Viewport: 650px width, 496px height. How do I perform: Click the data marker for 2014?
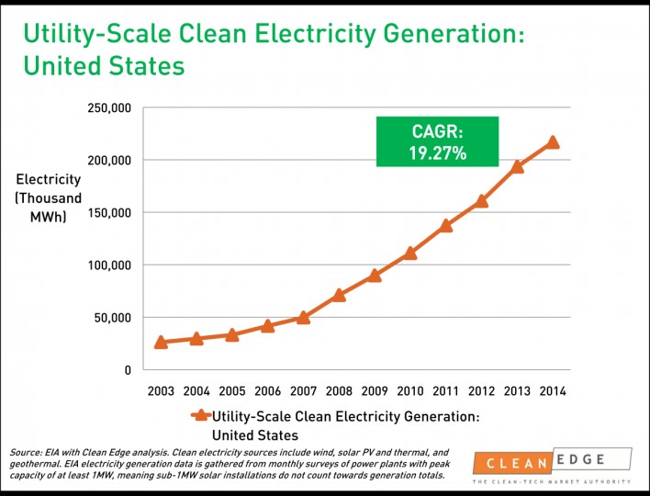point(553,142)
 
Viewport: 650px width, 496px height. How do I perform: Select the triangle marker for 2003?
point(161,342)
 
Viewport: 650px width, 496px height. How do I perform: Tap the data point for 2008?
point(339,295)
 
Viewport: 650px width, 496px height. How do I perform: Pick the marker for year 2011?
point(446,225)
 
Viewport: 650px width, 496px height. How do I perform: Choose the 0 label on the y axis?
point(128,370)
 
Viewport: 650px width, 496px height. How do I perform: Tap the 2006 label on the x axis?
point(267,391)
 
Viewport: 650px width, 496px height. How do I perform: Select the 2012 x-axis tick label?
point(481,391)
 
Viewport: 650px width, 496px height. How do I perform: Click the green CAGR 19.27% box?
point(437,141)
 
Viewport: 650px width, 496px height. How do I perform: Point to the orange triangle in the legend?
point(202,416)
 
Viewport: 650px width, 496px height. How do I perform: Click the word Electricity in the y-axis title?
point(49,180)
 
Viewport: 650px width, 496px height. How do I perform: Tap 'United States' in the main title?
point(103,67)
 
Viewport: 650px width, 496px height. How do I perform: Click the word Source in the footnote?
point(25,453)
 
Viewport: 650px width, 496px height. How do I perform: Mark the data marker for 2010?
point(410,253)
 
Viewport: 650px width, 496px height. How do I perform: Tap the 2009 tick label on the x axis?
point(374,391)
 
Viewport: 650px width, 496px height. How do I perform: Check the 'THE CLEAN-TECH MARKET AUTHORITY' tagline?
point(552,482)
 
